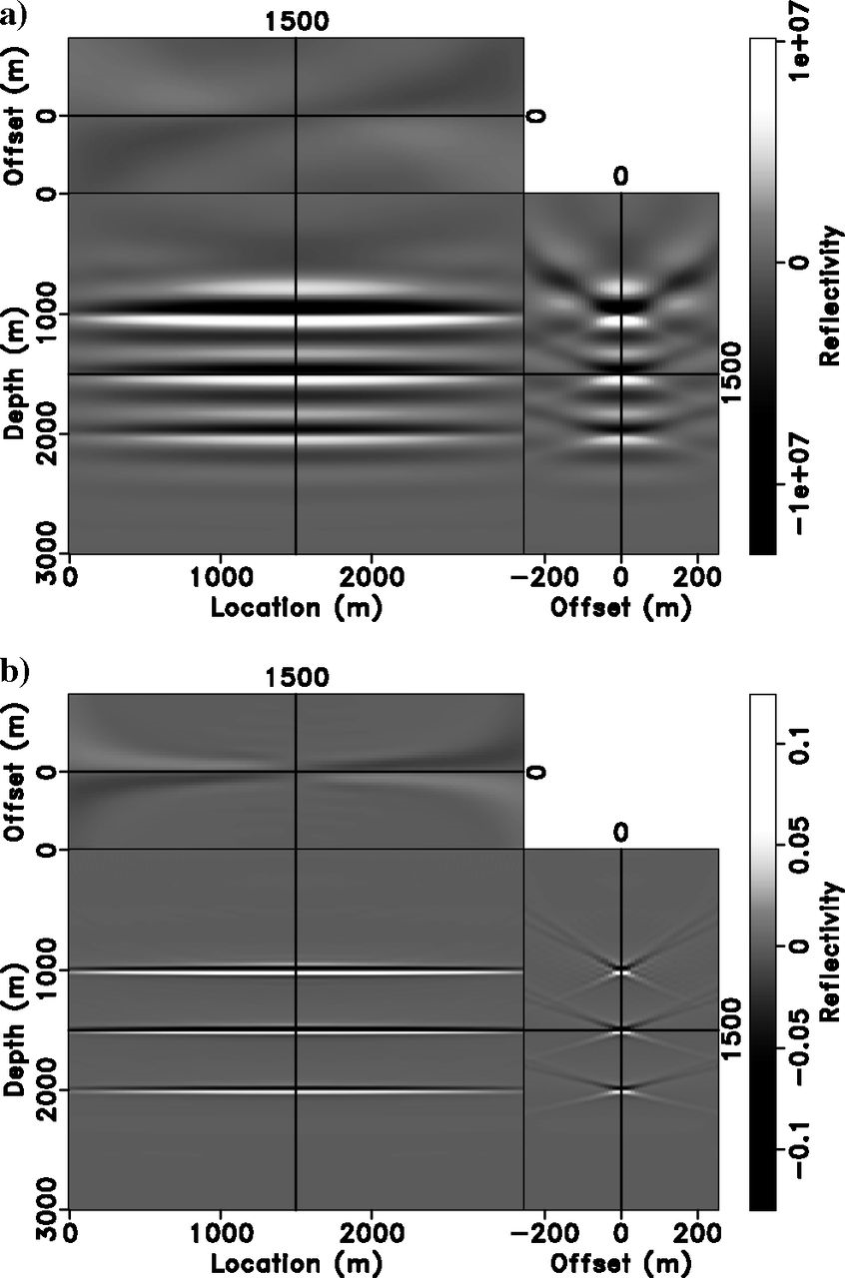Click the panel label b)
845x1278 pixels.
pyautogui.click(x=15, y=672)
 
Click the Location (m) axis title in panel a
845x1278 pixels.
pyautogui.click(x=296, y=606)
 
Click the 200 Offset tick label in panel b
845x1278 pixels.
pyautogui.click(x=688, y=1234)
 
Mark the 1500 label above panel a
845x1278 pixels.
pyautogui.click(x=296, y=23)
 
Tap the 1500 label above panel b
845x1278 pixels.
pyautogui.click(x=296, y=678)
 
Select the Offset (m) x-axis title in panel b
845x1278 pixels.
pyautogui.click(x=621, y=1261)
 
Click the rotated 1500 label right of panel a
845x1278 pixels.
pyautogui.click(x=734, y=373)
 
